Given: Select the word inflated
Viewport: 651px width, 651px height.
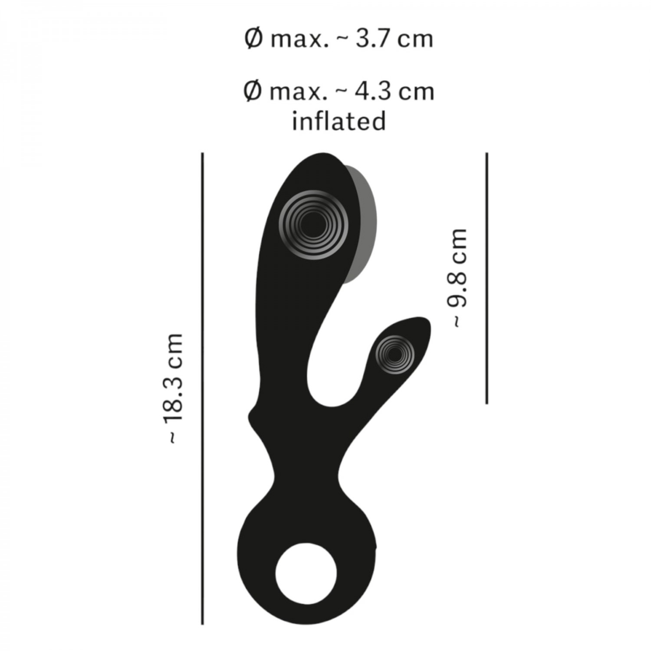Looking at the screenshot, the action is (x=339, y=120).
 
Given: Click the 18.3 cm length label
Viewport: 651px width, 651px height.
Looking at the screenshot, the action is (x=175, y=388).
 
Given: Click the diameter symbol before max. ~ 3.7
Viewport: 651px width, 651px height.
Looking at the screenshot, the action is (x=253, y=39).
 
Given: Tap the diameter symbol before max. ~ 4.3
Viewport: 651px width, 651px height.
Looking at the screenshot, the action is (x=253, y=92).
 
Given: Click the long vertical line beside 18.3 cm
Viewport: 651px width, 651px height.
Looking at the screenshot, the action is (x=203, y=388).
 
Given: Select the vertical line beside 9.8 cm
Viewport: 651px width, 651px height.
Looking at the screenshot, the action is (x=487, y=278).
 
